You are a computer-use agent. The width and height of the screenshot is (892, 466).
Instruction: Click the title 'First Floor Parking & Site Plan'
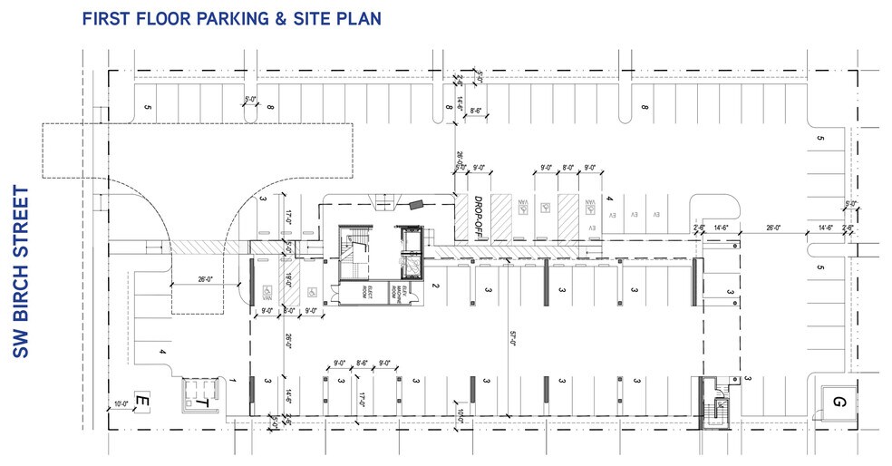pos(230,18)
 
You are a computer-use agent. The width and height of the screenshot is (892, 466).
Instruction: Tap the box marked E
pos(141,400)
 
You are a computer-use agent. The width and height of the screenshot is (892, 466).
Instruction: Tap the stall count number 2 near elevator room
pos(437,286)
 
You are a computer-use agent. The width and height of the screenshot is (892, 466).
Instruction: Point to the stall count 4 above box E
pos(162,352)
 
